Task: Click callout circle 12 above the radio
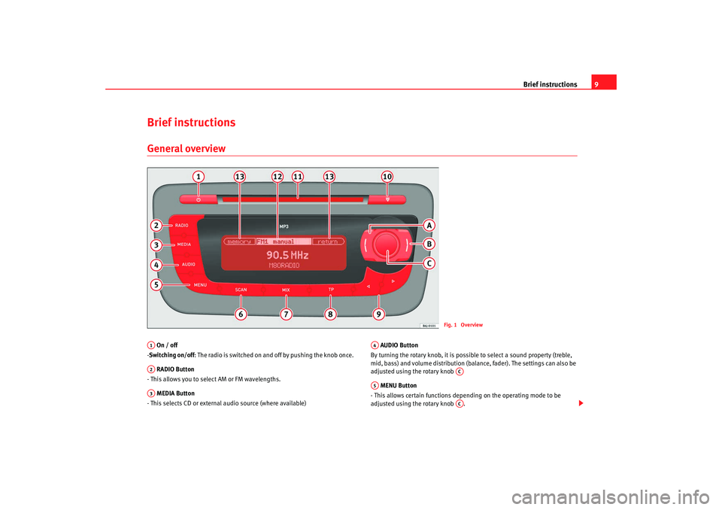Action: [x=278, y=176]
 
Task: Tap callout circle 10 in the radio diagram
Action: [x=387, y=176]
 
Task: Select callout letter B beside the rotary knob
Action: [x=428, y=244]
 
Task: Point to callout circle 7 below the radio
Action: [x=285, y=314]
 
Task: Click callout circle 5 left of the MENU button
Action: [x=156, y=284]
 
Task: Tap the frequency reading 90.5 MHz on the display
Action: [x=287, y=255]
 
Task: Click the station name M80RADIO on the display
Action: [x=284, y=266]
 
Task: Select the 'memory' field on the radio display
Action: [x=240, y=241]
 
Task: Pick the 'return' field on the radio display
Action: [x=328, y=241]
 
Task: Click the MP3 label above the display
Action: [x=284, y=226]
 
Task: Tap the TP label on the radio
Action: [x=331, y=289]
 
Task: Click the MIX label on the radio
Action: [x=286, y=290]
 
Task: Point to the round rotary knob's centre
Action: [x=385, y=245]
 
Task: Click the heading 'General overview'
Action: [x=187, y=147]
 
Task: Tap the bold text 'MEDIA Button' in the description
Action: [x=175, y=393]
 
